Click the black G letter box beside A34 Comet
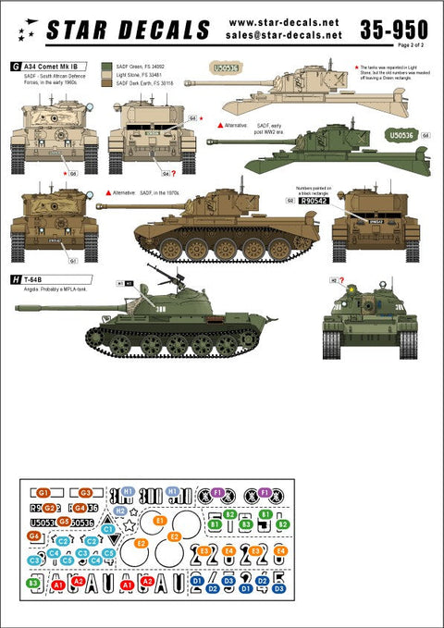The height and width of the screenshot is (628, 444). [x=16, y=67]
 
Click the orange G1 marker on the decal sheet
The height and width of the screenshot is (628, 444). [x=43, y=493]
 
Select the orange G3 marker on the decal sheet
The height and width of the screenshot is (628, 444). [x=85, y=493]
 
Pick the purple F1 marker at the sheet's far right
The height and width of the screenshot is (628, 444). [x=265, y=492]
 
